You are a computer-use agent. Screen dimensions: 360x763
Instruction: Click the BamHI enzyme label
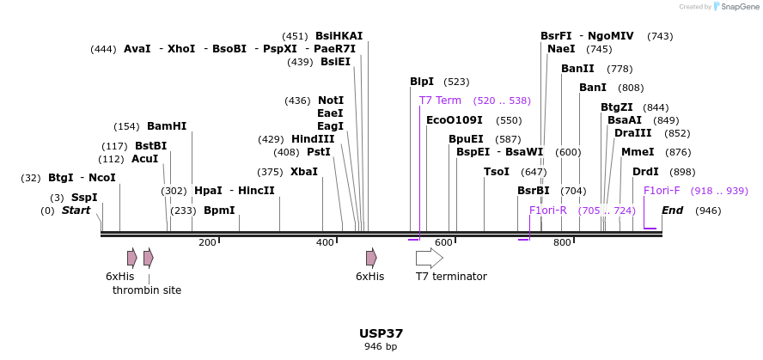(x=167, y=126)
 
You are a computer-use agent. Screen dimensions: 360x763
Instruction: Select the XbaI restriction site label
(x=304, y=172)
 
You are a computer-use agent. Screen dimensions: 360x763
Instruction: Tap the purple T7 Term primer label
(x=440, y=101)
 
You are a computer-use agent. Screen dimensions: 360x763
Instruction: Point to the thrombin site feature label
(x=147, y=290)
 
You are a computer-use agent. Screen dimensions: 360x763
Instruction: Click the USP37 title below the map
(x=381, y=333)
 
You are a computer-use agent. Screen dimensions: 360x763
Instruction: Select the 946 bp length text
(x=381, y=347)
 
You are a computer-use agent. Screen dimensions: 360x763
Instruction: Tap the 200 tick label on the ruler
(x=207, y=243)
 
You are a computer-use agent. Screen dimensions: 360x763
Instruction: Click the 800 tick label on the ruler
(x=562, y=243)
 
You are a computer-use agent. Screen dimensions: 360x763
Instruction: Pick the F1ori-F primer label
(x=662, y=191)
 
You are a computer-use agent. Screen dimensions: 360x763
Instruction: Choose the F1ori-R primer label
(x=548, y=211)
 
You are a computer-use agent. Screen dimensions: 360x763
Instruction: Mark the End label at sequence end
(x=673, y=211)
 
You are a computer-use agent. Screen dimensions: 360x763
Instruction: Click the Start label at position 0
(x=76, y=211)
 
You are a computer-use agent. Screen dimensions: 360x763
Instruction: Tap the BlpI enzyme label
(x=422, y=82)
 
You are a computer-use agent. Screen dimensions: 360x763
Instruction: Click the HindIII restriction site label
(x=313, y=139)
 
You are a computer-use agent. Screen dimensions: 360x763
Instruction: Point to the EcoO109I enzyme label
(x=455, y=120)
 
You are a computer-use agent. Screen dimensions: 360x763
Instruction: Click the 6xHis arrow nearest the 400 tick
(x=371, y=258)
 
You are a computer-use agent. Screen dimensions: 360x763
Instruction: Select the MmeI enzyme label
(x=638, y=152)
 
